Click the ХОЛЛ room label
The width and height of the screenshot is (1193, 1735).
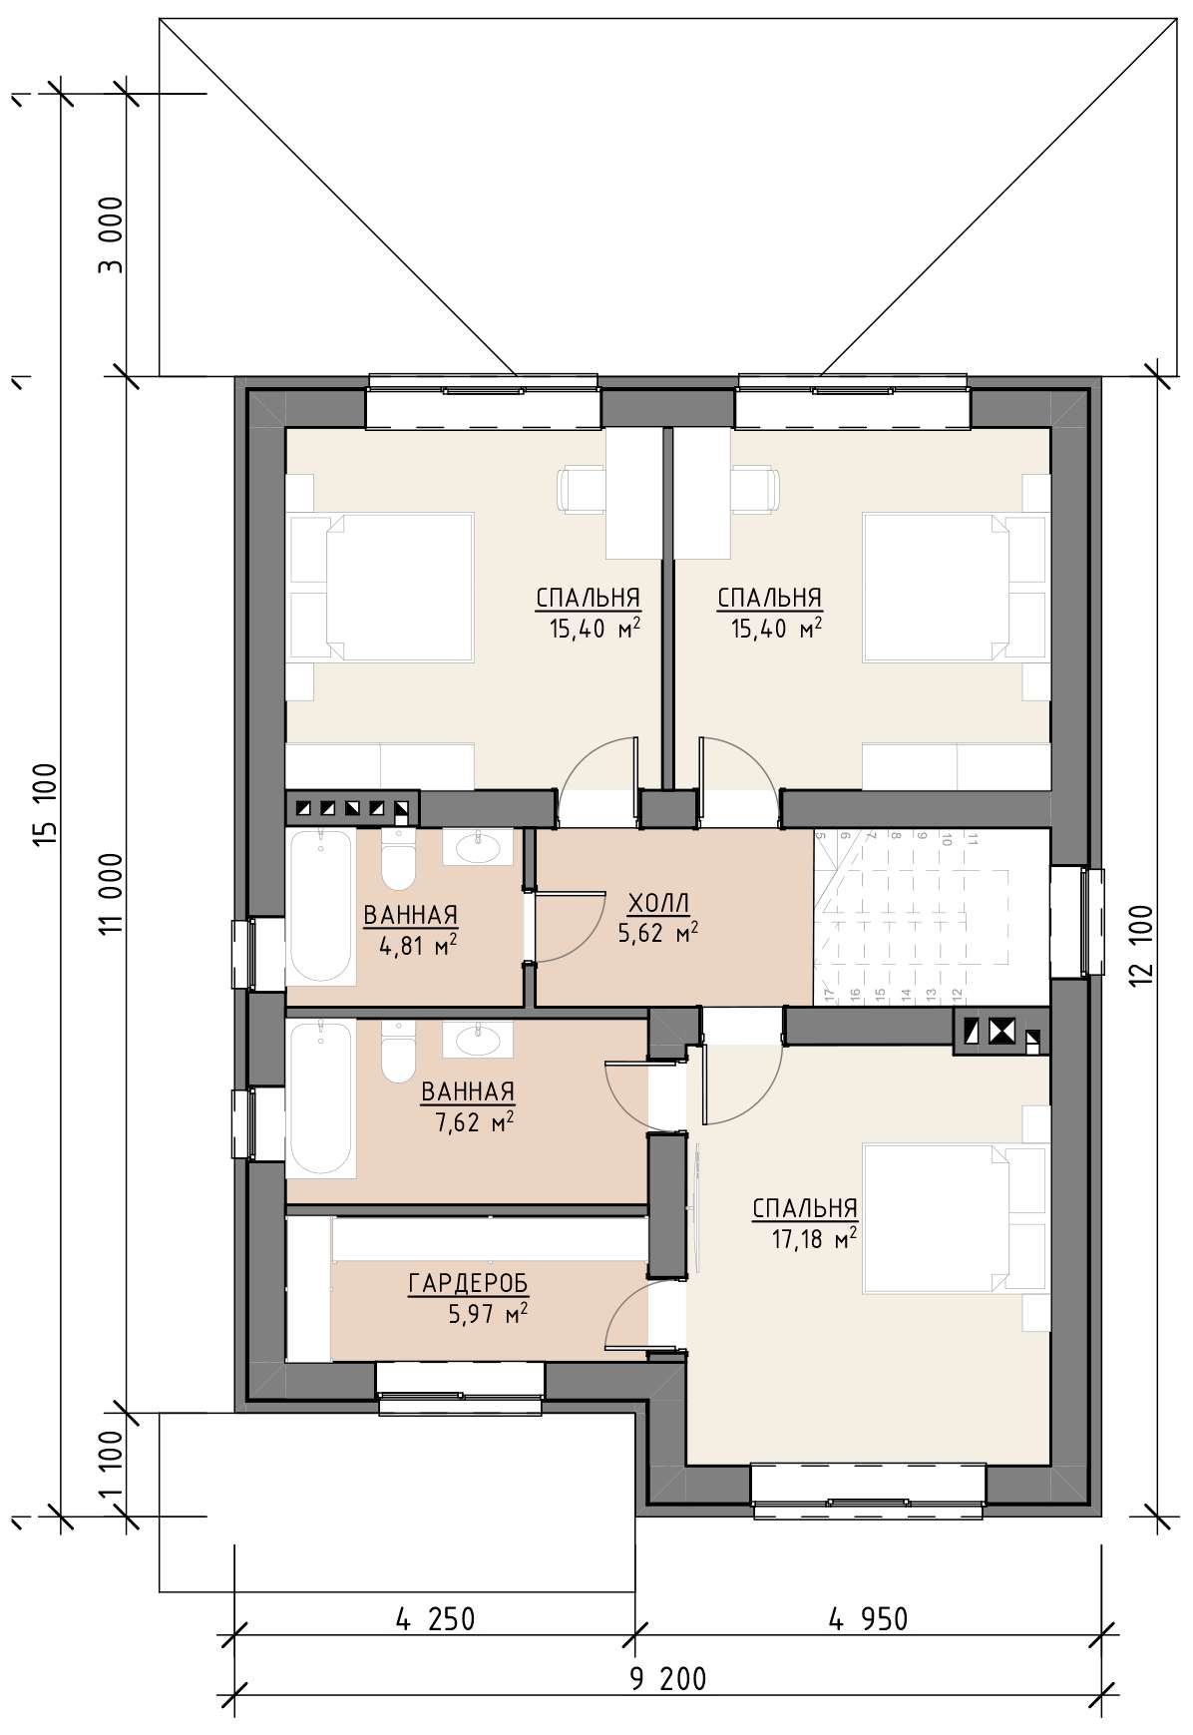(658, 904)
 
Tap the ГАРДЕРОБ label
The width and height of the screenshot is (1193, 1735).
(468, 1283)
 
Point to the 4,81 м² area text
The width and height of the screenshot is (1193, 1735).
(418, 945)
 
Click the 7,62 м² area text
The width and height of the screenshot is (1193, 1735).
(475, 1123)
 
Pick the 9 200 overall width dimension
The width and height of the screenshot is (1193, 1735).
(668, 1679)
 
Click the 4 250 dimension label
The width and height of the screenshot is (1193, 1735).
(436, 1618)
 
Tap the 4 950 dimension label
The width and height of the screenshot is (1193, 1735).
(869, 1618)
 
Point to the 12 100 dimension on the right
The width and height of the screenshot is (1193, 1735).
(1143, 946)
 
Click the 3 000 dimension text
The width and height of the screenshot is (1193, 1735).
(112, 234)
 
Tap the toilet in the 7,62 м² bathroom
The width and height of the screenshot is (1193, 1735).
(397, 1052)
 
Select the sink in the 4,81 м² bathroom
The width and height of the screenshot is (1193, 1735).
(479, 848)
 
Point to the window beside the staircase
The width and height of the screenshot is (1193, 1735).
(1077, 922)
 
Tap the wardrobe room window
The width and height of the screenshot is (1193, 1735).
(461, 1389)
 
